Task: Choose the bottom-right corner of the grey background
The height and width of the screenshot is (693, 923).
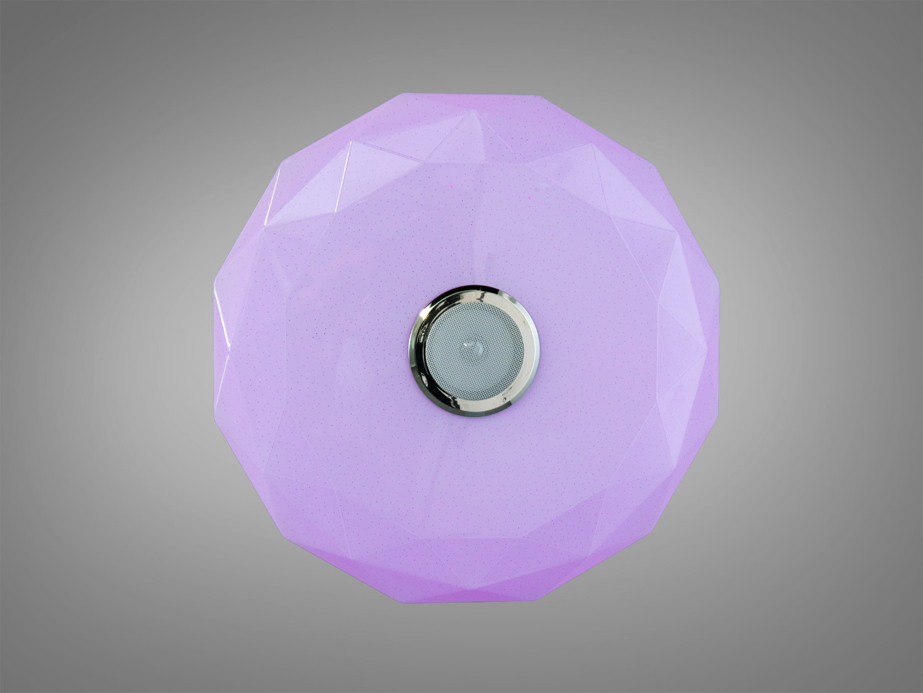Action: coord(921,691)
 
